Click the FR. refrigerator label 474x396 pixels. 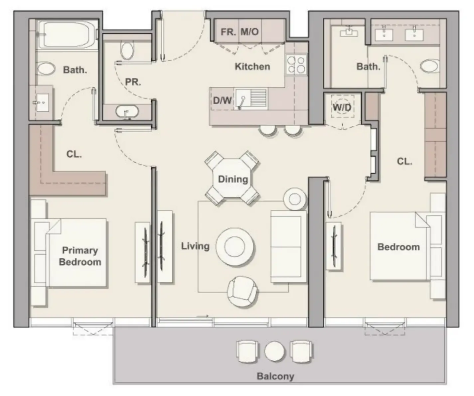coord(228,32)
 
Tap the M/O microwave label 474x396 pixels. coord(249,32)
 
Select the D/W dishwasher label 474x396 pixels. coord(222,100)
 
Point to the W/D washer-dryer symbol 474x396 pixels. coord(342,107)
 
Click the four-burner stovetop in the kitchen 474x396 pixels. coord(296,65)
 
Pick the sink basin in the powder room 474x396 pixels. coord(127,111)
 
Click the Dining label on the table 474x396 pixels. coord(233,179)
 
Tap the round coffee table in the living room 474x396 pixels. coord(236,246)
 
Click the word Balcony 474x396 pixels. coord(275,376)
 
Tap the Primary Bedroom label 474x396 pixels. coord(80,256)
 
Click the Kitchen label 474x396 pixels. coord(252,66)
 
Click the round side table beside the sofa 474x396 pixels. coord(295,199)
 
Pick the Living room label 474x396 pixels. coord(195,246)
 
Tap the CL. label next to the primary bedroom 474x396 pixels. coord(74,154)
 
